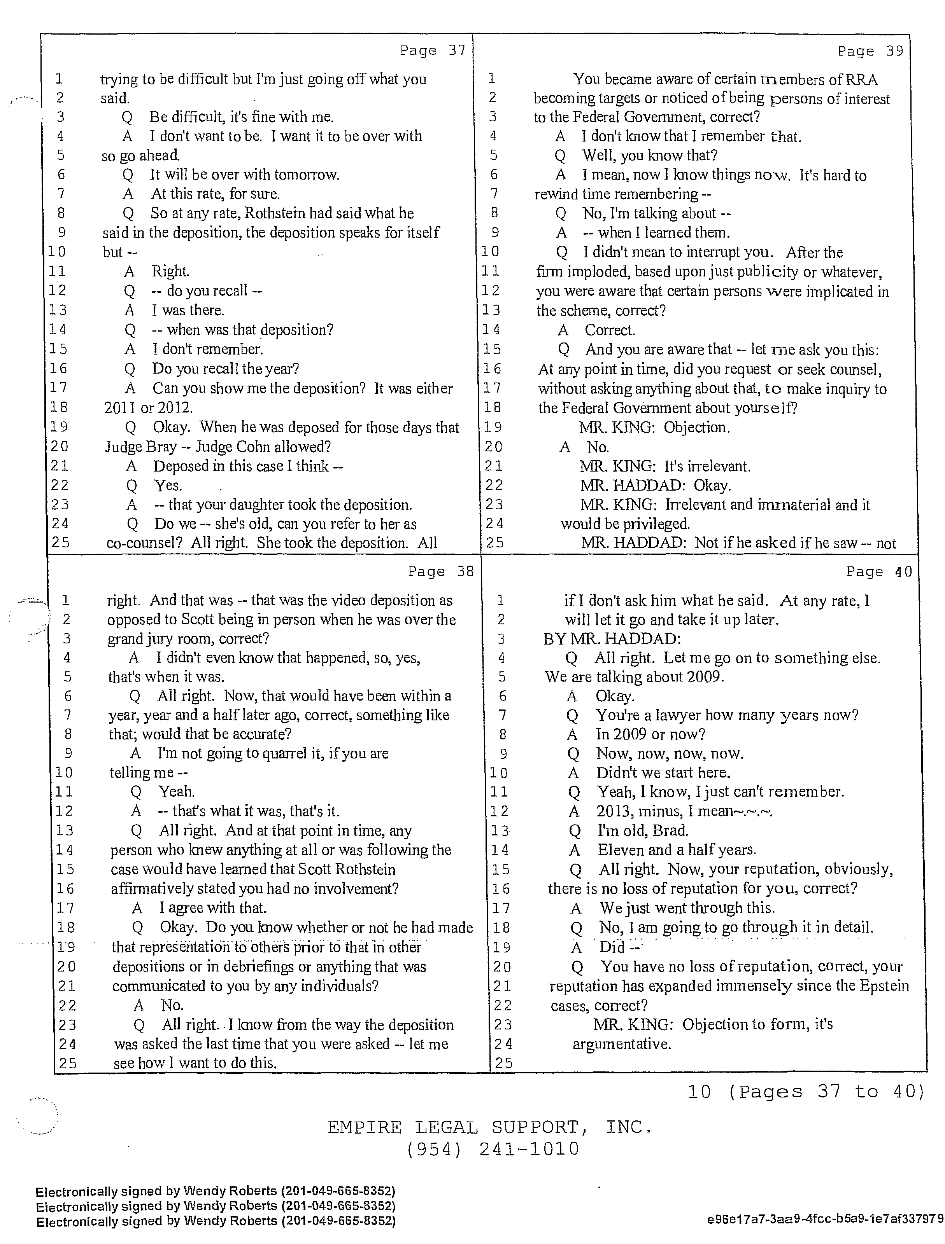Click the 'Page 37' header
(432, 51)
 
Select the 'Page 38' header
(441, 571)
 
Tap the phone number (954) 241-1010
(493, 1149)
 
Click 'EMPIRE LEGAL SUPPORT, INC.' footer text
(490, 1127)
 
